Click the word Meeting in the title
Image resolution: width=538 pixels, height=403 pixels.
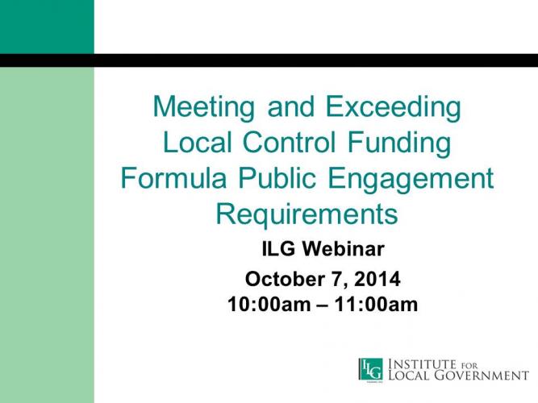204,108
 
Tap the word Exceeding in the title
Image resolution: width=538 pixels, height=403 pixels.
393,108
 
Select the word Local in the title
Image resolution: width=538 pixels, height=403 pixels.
198,142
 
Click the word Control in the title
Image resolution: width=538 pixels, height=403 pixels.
289,142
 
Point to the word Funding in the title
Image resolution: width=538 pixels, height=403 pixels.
399,143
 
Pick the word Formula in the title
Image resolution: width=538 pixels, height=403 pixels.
173,178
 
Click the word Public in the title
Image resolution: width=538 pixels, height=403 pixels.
277,178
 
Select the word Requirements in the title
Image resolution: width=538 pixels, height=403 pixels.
307,215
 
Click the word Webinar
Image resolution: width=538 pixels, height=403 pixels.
343,249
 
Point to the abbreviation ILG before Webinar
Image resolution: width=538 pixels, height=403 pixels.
278,249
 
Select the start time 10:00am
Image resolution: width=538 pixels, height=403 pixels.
269,305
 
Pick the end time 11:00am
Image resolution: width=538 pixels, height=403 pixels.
376,305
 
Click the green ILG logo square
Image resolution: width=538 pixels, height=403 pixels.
371,369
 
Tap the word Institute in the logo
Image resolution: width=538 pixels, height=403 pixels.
423,364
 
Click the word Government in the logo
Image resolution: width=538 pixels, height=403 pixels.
482,376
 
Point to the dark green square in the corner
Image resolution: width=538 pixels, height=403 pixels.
47,27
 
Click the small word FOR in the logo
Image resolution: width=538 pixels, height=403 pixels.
469,366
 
